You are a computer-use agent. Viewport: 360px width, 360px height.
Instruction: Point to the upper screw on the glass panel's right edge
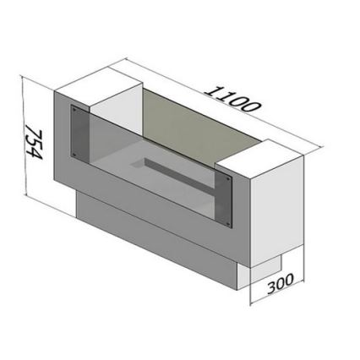226,179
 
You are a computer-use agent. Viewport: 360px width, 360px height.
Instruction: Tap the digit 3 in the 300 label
272,286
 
